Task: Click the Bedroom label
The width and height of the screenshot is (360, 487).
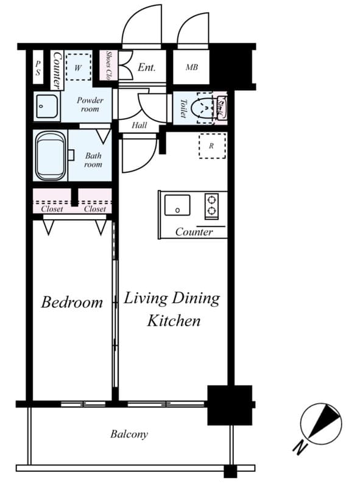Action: pyautogui.click(x=72, y=302)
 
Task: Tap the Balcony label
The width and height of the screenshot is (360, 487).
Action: pyautogui.click(x=129, y=434)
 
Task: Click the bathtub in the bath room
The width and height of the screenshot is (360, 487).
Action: pyautogui.click(x=49, y=156)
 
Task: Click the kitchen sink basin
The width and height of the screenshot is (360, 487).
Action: pyautogui.click(x=177, y=206)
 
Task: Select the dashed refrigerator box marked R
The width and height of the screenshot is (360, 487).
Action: pyautogui.click(x=212, y=146)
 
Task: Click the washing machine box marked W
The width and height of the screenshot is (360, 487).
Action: pyautogui.click(x=77, y=64)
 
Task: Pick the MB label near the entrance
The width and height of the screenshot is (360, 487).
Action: pyautogui.click(x=192, y=68)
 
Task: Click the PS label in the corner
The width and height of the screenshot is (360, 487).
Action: pyautogui.click(x=37, y=68)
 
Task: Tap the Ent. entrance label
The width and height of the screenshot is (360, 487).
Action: pyautogui.click(x=147, y=68)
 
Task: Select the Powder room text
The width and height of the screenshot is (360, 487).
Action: pyautogui.click(x=90, y=104)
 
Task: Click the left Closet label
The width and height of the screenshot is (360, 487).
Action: pyautogui.click(x=52, y=209)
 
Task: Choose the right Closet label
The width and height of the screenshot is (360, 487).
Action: pyautogui.click(x=95, y=209)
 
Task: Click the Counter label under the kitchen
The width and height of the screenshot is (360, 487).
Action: pyautogui.click(x=194, y=232)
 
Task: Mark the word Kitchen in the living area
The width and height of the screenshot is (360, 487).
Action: pyautogui.click(x=173, y=321)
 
